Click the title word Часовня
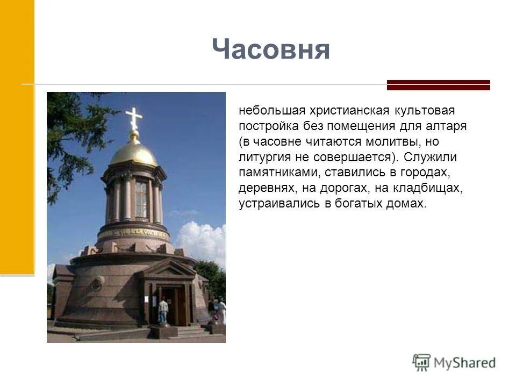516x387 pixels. coord(270,50)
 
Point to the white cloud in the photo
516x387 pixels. coord(202,242)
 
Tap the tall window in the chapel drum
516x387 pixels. coord(141,199)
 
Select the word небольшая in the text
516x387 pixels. coord(271,111)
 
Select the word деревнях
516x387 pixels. coord(268,189)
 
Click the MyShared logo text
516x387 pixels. coord(464,363)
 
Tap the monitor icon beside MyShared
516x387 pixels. coord(421,362)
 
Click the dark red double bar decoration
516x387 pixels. coord(439,85)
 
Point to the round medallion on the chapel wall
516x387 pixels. coord(97,283)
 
